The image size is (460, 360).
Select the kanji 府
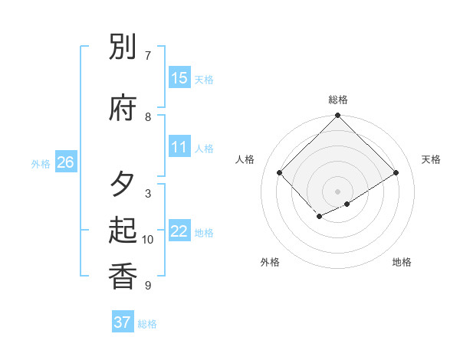(123, 108)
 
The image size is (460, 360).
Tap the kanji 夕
(123, 185)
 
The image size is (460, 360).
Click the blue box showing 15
(179, 78)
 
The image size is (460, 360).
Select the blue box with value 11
(179, 147)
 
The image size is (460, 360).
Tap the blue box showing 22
(179, 231)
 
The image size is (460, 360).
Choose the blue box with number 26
(65, 162)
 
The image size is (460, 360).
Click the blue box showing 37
(122, 322)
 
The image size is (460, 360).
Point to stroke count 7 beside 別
(147, 55)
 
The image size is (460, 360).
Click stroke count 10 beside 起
(148, 240)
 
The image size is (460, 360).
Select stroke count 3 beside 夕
(147, 193)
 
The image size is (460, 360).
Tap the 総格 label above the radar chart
(338, 100)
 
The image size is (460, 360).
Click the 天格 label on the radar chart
(431, 159)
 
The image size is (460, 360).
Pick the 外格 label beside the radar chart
(270, 262)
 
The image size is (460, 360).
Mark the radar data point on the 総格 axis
(338, 116)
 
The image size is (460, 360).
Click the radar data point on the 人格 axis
(280, 172)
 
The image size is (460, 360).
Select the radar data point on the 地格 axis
(347, 204)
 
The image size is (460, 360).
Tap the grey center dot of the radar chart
(338, 191)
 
